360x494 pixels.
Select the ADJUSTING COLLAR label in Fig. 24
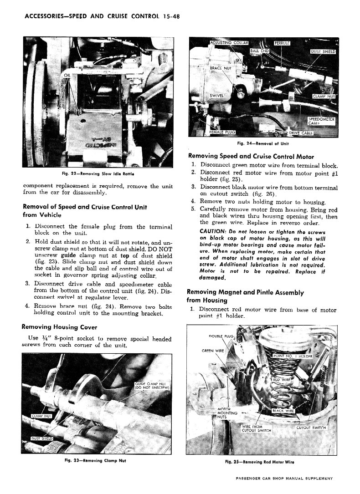(x=229, y=43)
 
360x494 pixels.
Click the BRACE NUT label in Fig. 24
(x=221, y=68)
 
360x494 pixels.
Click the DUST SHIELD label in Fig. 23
(x=42, y=438)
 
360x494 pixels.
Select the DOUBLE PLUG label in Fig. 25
(x=221, y=336)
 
